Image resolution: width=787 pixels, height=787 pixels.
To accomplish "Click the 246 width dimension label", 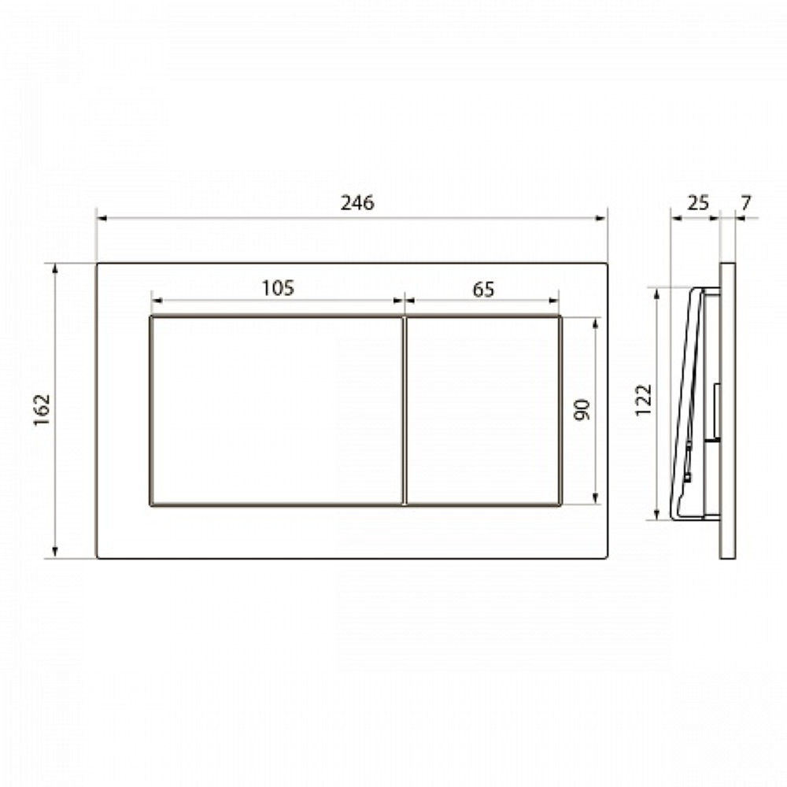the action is click(x=357, y=203).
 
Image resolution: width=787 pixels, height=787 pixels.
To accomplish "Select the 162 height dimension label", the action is click(x=42, y=410).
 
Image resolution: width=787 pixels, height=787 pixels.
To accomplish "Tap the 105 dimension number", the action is click(x=278, y=288).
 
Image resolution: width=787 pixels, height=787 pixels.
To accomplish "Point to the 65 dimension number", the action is click(x=483, y=290).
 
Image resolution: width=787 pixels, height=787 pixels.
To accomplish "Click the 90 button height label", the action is click(x=582, y=410).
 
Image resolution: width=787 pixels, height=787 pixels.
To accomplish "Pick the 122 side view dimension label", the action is click(x=643, y=400).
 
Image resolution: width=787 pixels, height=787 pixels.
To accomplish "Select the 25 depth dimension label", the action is click(x=697, y=202).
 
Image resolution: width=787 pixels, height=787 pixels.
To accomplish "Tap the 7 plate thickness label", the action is click(x=746, y=203).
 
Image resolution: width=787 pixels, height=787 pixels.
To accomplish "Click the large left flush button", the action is click(x=276, y=411).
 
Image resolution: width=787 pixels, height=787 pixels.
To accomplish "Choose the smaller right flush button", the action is click(x=483, y=411).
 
